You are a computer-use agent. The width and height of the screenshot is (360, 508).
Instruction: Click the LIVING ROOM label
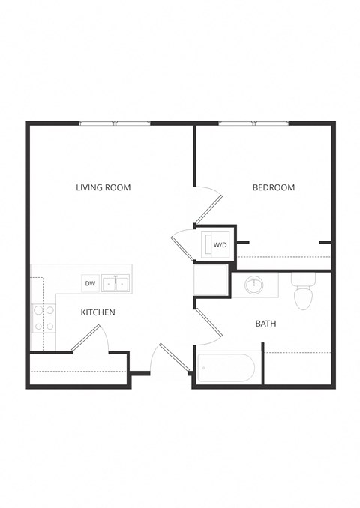click(x=103, y=187)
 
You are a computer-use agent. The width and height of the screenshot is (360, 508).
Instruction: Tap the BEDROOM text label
click(x=273, y=187)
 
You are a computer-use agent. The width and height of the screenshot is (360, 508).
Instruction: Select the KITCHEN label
click(x=98, y=312)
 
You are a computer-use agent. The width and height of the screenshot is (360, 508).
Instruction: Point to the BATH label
click(x=265, y=324)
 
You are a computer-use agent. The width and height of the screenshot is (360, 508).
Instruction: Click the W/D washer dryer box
click(x=218, y=244)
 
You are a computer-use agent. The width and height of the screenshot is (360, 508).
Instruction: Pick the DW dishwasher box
click(x=90, y=283)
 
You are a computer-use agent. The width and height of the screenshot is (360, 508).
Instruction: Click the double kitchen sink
click(x=115, y=283)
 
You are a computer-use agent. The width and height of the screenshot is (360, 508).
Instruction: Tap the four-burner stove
click(x=43, y=318)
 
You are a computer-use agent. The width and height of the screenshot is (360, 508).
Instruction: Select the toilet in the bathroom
click(x=303, y=292)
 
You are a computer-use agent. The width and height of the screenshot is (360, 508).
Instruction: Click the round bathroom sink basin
click(x=255, y=285)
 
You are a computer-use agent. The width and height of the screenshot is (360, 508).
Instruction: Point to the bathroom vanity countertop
click(x=255, y=285)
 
